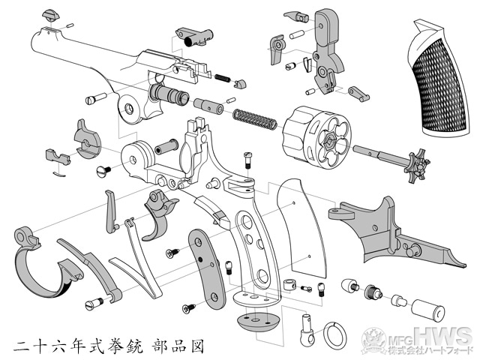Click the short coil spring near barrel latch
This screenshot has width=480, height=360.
[x=223, y=78]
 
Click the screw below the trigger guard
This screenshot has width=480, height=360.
[x=94, y=304]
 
